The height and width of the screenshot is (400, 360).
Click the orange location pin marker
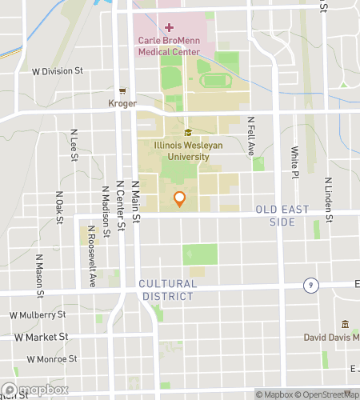[x=180, y=198]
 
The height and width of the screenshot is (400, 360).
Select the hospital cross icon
[x=168, y=27]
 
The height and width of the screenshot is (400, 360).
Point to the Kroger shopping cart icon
[x=122, y=91]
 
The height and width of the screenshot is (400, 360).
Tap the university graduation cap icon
[x=188, y=133]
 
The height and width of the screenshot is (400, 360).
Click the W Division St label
[x=58, y=70]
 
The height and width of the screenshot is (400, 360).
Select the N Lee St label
[x=74, y=145]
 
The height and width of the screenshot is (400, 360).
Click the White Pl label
[x=294, y=162]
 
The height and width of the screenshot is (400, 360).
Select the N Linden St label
[x=327, y=192]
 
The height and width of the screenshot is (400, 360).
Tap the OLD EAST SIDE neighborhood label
[x=276, y=214]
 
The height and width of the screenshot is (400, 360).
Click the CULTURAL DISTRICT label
[x=166, y=290]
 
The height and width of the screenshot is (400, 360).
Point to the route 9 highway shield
[x=308, y=285]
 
